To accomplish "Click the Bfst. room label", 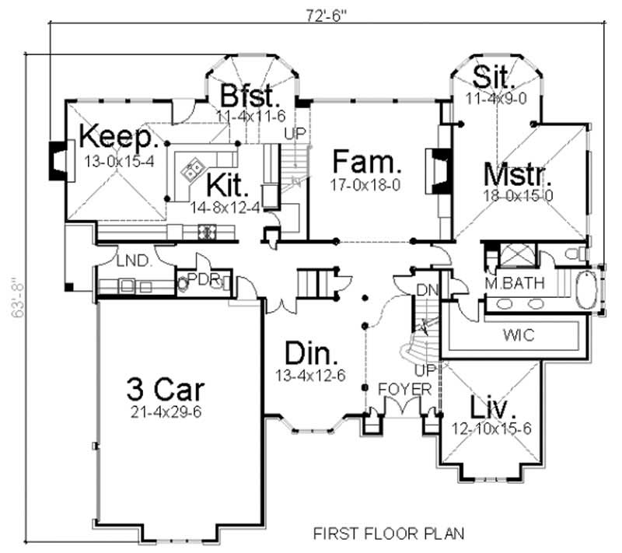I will click(248, 96).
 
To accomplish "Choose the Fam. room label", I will click(367, 163).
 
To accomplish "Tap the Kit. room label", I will click(228, 186).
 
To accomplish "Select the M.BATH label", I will click(515, 282).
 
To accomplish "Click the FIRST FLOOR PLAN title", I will click(389, 534).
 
